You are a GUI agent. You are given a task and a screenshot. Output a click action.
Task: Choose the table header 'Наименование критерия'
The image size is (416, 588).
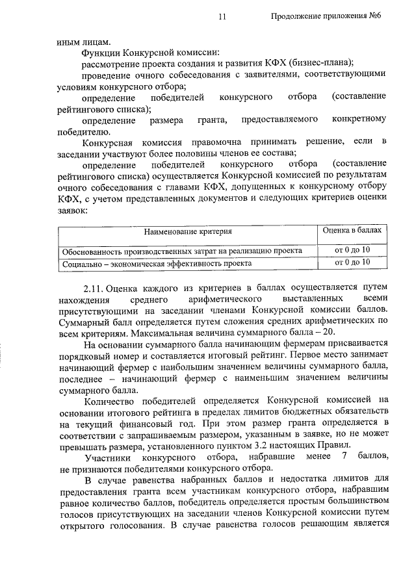pos(188,231)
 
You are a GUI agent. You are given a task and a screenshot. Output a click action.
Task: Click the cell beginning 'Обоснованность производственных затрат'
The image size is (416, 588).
pos(181,251)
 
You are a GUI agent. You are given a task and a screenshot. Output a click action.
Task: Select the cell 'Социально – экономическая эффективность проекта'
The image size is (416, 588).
pos(157,263)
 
